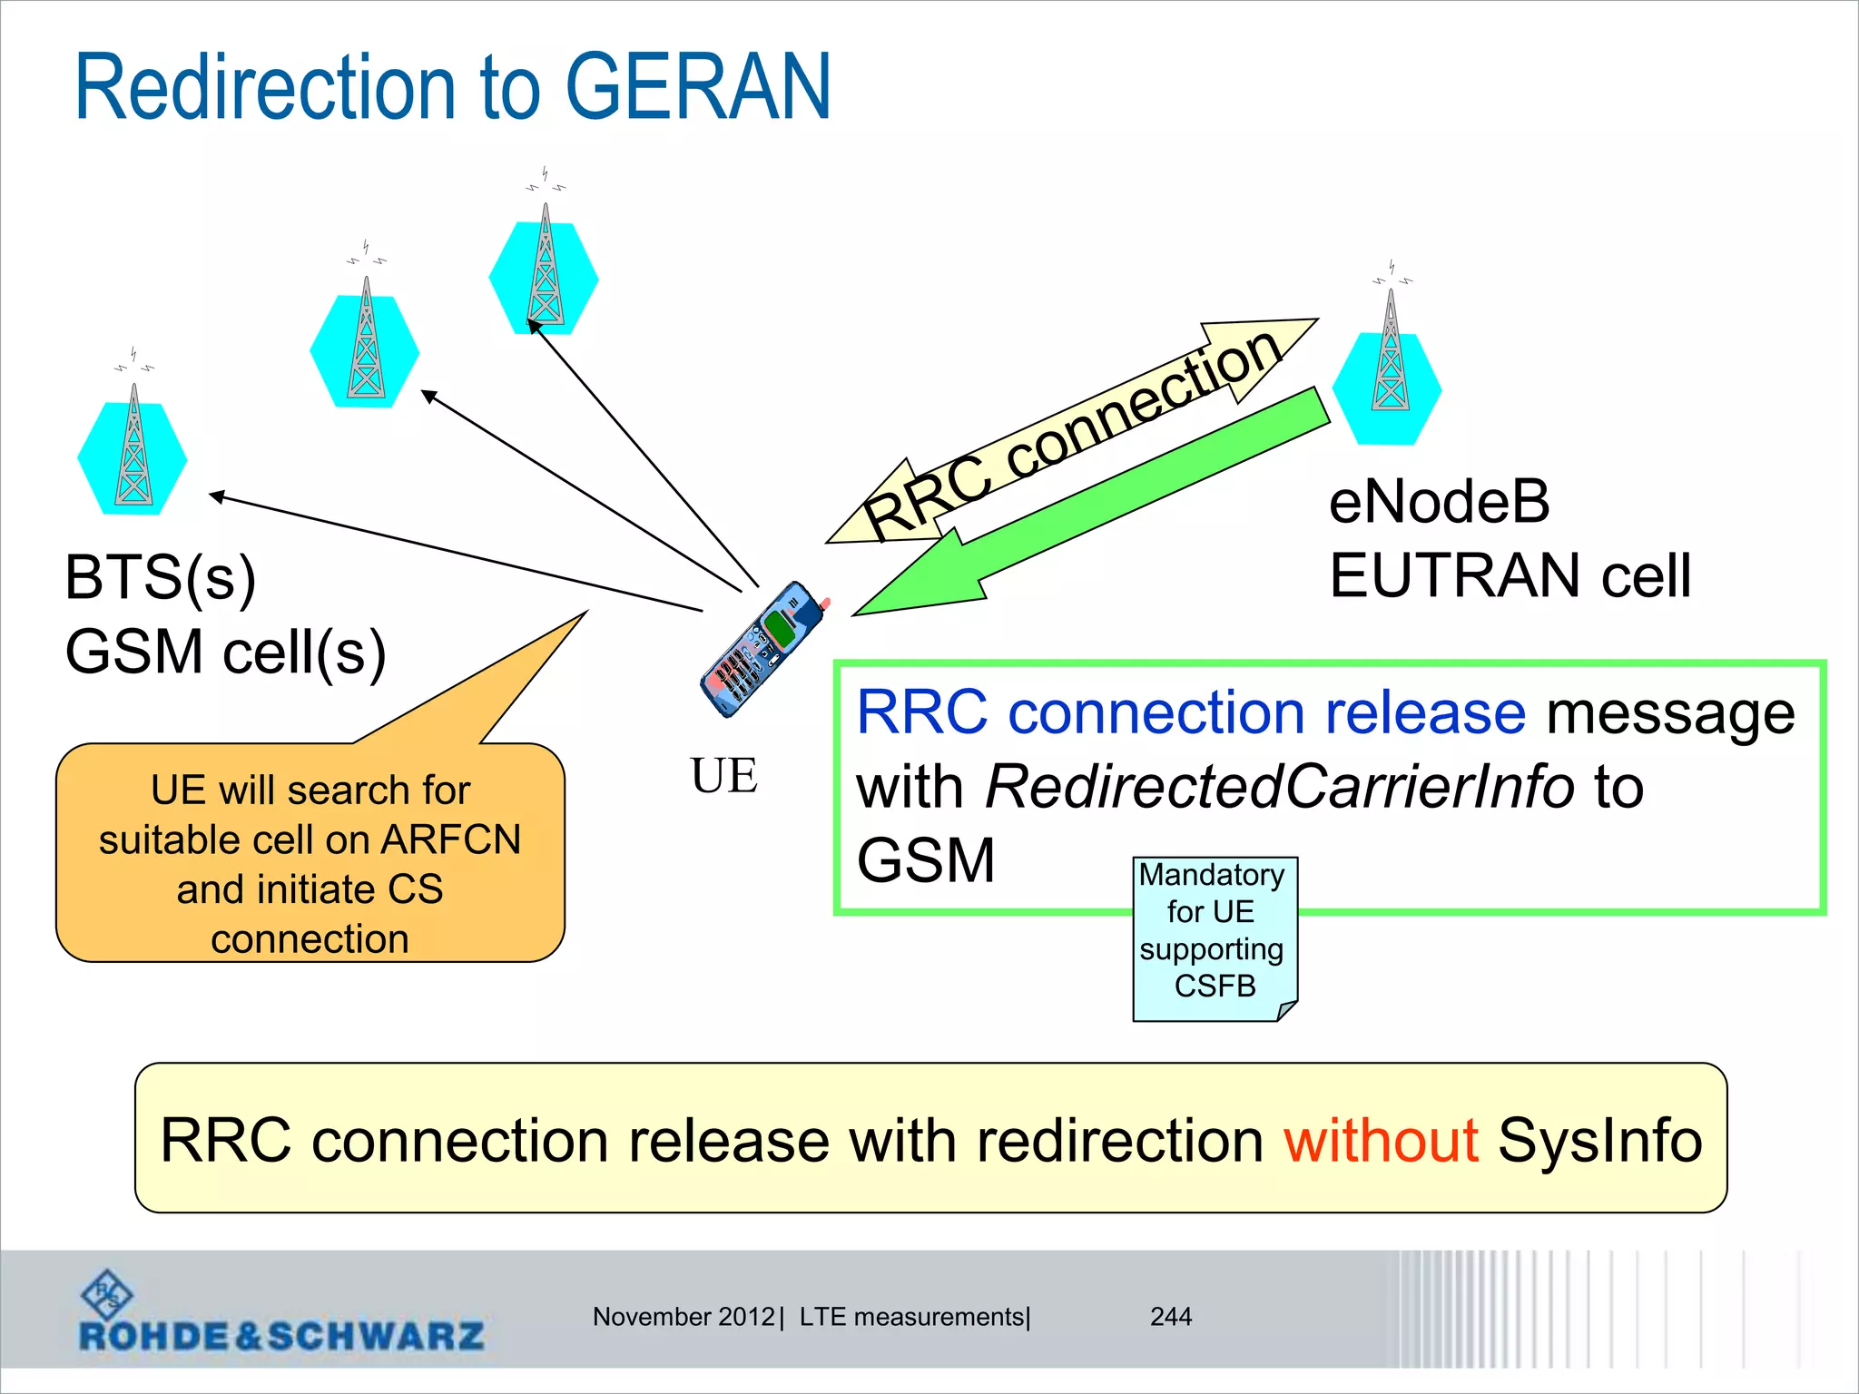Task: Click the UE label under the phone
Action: (x=723, y=777)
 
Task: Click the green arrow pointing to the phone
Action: (x=1089, y=508)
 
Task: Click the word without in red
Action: (x=1381, y=1141)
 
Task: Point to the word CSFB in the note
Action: (x=1215, y=987)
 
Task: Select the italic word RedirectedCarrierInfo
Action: (x=1279, y=787)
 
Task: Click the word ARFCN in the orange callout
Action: (x=451, y=839)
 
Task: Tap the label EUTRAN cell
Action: (x=1510, y=576)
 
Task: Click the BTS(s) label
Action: (x=161, y=578)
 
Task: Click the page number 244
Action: (x=1171, y=1317)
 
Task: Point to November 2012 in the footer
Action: (x=684, y=1317)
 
